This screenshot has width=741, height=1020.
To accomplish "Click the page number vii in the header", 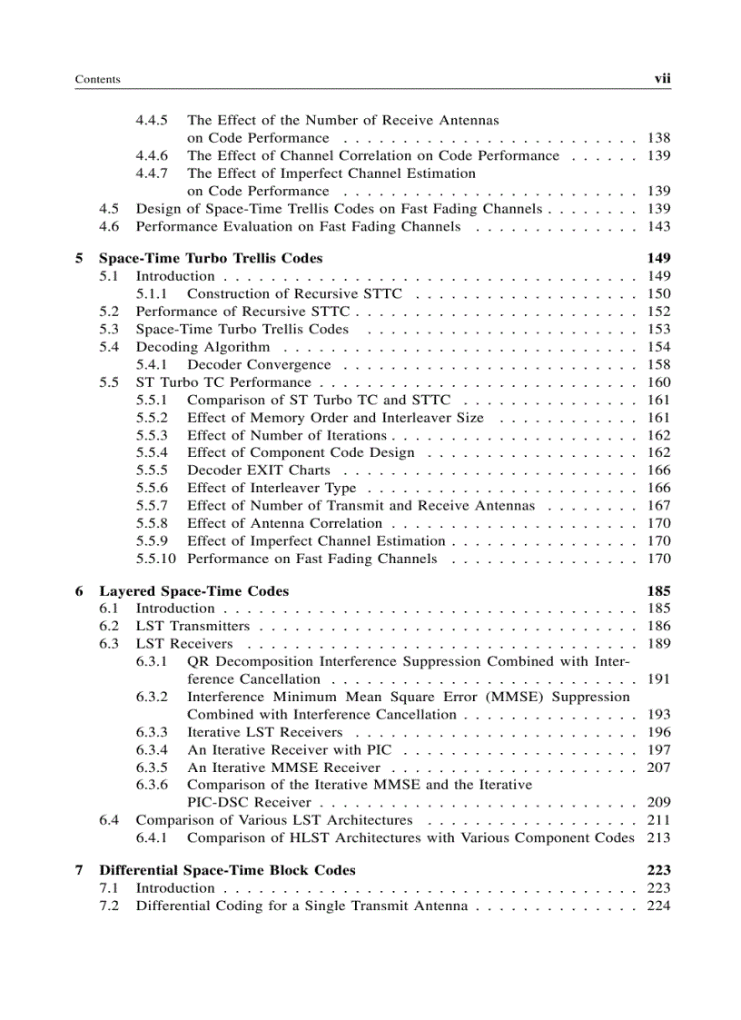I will click(662, 79).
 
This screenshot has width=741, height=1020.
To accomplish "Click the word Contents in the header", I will click(97, 80).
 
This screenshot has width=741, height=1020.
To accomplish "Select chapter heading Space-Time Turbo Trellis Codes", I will click(211, 258).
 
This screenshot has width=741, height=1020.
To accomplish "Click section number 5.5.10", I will click(155, 559).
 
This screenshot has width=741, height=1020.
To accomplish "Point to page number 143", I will click(658, 226).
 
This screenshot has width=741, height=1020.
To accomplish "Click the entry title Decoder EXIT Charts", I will click(259, 470).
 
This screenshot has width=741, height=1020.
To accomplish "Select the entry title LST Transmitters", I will click(193, 626).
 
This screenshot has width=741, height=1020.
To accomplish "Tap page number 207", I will click(658, 767).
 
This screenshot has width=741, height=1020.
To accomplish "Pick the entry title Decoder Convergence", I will click(259, 364).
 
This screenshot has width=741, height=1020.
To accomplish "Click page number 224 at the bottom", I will click(658, 906).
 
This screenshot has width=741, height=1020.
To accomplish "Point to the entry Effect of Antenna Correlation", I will click(284, 523).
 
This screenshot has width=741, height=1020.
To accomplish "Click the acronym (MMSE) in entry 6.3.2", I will click(489, 697).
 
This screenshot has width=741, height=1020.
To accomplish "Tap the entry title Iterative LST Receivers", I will click(265, 732).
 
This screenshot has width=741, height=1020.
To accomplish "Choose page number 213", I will click(658, 837).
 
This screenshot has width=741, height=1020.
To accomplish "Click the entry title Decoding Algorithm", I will click(203, 347).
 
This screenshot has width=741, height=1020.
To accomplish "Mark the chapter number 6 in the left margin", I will click(79, 590).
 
